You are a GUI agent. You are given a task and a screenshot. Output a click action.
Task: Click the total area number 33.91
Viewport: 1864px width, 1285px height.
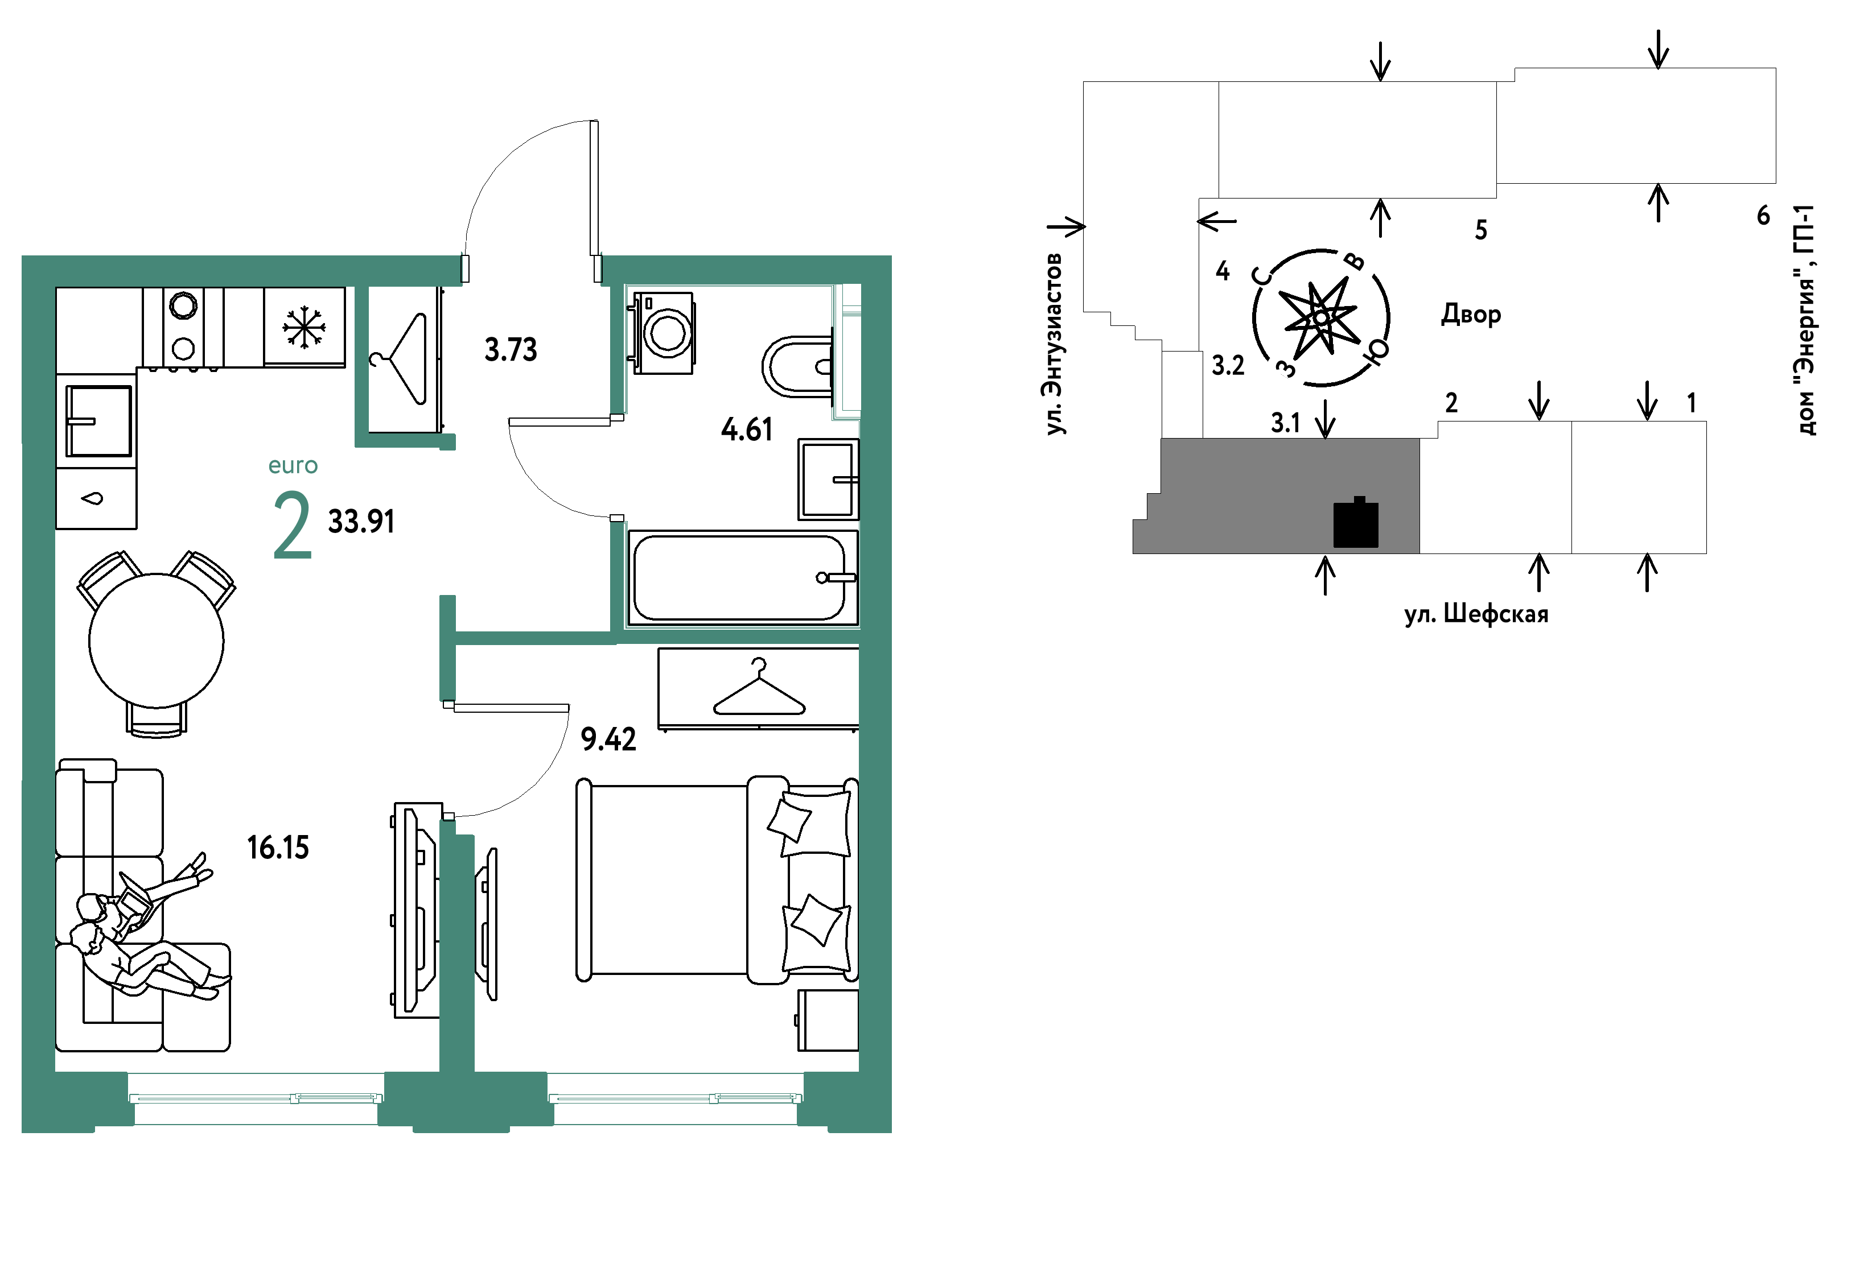click(x=361, y=522)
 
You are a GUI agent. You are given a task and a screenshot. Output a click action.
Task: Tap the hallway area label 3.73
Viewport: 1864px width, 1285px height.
click(x=511, y=349)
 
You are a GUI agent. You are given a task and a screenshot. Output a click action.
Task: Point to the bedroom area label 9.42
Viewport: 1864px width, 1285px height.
click(x=608, y=739)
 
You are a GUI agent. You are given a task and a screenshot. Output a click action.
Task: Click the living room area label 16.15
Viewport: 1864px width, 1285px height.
click(x=278, y=848)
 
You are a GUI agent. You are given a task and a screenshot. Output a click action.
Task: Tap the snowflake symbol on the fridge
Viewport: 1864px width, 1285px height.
click(x=304, y=327)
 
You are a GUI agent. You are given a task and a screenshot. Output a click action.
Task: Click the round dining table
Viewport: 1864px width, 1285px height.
click(x=157, y=641)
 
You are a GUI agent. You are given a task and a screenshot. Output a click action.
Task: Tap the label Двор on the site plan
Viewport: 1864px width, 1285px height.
click(x=1471, y=313)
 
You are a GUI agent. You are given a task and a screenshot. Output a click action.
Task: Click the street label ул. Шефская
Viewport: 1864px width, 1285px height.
click(x=1476, y=614)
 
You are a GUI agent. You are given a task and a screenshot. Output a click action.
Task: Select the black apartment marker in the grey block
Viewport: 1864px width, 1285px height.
click(x=1356, y=523)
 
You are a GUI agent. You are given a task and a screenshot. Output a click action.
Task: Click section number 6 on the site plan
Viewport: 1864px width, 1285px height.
click(x=1763, y=215)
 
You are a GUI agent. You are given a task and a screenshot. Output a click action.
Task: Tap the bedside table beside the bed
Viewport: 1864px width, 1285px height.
click(x=828, y=1020)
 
